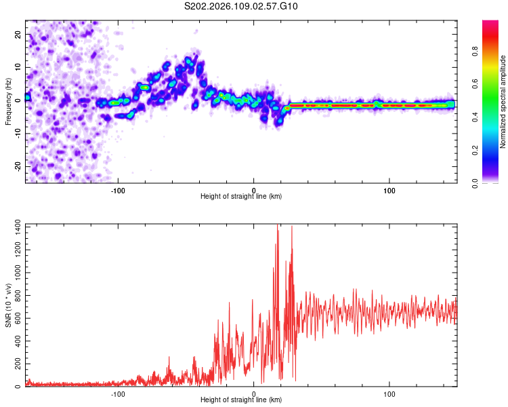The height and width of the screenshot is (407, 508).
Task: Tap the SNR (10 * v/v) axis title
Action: pyautogui.click(x=8, y=305)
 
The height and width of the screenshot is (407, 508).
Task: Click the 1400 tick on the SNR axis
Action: pyautogui.click(x=14, y=226)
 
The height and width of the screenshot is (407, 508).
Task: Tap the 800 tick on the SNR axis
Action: pyautogui.click(x=16, y=295)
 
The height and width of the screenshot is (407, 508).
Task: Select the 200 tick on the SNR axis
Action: pyautogui.click(x=16, y=364)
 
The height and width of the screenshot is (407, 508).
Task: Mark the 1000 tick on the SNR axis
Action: pyautogui.click(x=14, y=272)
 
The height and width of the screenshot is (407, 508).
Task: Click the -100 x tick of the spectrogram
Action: pyautogui.click(x=118, y=189)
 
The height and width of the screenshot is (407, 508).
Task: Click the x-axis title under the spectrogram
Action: pyautogui.click(x=241, y=197)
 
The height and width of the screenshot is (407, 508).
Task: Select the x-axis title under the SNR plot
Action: pyautogui.click(x=241, y=400)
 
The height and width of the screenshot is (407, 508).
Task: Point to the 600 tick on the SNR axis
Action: pyautogui.click(x=16, y=318)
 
